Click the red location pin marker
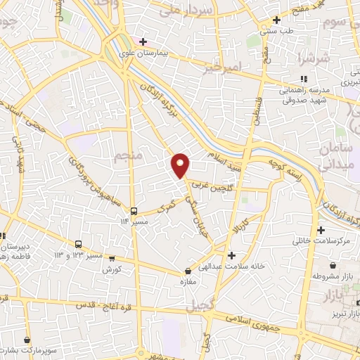pos(181,165)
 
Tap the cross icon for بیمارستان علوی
pos(143,41)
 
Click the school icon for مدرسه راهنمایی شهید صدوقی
pos(302,79)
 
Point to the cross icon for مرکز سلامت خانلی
pos(321,230)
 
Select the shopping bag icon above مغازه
pos(188,271)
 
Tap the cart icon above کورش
pos(108,259)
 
